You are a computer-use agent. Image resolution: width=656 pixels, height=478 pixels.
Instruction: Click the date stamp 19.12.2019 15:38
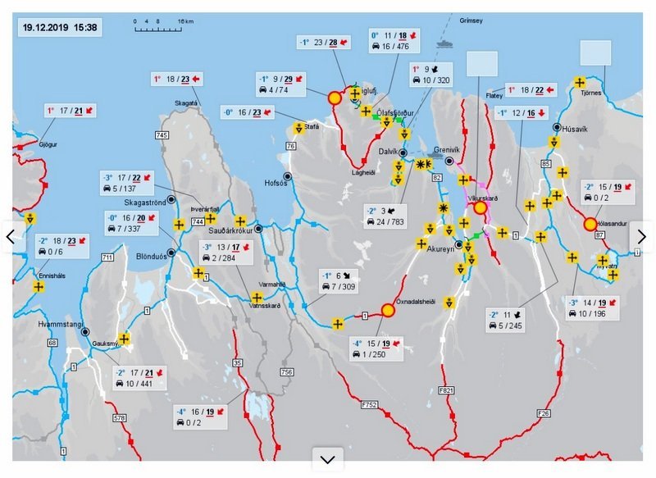[60, 27]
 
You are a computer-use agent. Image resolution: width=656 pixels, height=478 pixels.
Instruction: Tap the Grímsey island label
[473, 20]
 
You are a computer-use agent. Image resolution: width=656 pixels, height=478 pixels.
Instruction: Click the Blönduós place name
[152, 255]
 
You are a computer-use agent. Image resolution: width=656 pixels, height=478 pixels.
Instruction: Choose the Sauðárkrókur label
[233, 233]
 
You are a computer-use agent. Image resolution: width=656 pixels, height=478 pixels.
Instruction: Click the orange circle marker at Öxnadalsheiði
[389, 310]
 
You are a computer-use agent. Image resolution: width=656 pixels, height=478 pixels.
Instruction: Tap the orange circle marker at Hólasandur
[590, 224]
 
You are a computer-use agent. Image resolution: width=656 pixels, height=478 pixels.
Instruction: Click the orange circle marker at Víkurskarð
[481, 208]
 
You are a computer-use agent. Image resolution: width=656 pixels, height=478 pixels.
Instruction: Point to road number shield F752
[368, 404]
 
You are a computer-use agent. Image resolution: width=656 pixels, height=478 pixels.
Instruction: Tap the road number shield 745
[162, 134]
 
